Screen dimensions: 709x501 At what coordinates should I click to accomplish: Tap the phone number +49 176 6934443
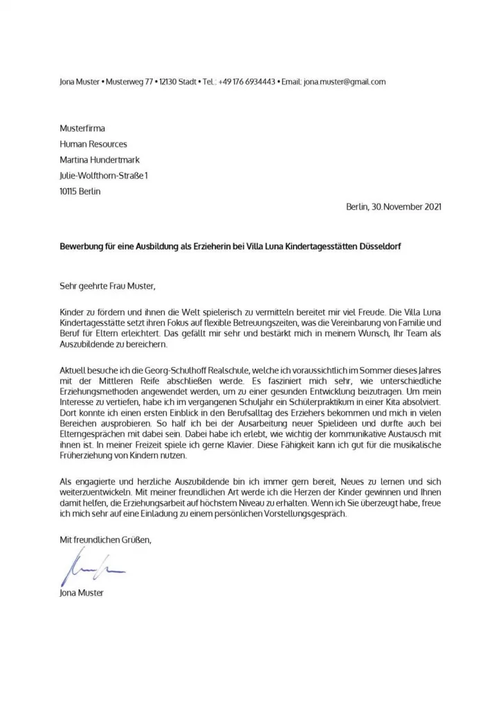tap(246, 82)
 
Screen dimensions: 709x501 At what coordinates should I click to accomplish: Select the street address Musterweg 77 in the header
tap(132, 82)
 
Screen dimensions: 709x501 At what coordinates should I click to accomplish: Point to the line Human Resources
tap(93, 144)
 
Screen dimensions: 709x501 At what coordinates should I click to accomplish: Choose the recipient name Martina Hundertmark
tap(100, 160)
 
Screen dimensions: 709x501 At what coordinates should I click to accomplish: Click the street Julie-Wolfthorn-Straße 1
tap(104, 176)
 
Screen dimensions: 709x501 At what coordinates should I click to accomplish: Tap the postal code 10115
tap(69, 192)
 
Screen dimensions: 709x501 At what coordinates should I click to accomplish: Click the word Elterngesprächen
tap(91, 436)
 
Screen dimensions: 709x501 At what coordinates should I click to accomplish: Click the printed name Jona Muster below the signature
tap(82, 593)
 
